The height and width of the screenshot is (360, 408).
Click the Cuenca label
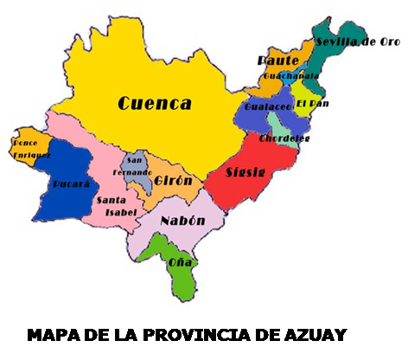pyautogui.click(x=155, y=104)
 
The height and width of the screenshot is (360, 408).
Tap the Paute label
pyautogui.click(x=277, y=60)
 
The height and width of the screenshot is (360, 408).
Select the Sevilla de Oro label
pyautogui.click(x=355, y=42)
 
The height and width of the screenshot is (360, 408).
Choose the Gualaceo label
pyautogui.click(x=263, y=106)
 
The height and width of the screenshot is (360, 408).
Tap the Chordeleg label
pyautogui.click(x=285, y=138)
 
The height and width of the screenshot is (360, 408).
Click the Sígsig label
pyautogui.click(x=245, y=171)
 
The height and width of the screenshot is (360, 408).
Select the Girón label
pyautogui.click(x=174, y=180)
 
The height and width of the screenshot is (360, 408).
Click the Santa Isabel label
pyautogui.click(x=115, y=206)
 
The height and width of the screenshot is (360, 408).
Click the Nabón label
pyautogui.click(x=182, y=221)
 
